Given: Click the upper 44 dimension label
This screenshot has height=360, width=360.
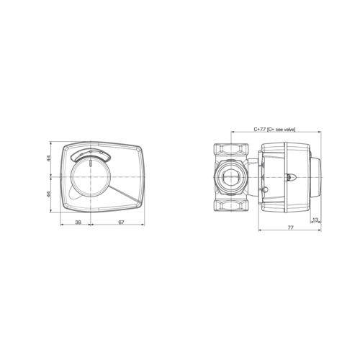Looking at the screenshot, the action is point(48,158).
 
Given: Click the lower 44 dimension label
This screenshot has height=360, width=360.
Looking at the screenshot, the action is point(48,194).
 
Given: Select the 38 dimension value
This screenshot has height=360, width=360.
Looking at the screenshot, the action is point(78,222).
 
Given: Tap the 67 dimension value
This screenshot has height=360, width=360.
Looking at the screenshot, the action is point(121,222).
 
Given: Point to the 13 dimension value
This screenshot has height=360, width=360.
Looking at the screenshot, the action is point(315,220).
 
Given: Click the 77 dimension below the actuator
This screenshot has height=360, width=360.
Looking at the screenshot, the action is point(290,228).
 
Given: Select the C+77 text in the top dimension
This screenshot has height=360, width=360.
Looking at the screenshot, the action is point(259,129).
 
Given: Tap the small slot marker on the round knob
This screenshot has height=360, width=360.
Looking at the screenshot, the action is point(91,163).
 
